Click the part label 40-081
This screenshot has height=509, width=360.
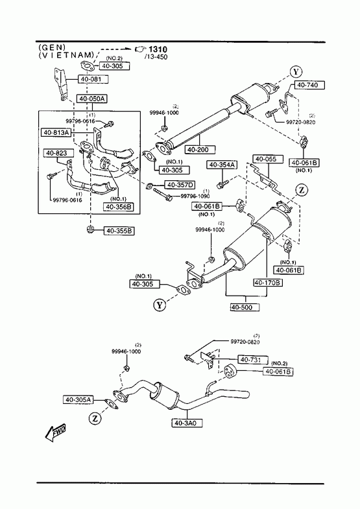pyautogui.click(x=93, y=79)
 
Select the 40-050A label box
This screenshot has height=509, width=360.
pyautogui.click(x=92, y=99)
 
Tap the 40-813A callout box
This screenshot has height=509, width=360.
pyautogui.click(x=56, y=132)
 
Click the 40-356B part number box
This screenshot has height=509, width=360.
pyautogui.click(x=119, y=207)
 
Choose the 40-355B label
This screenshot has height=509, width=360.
pyautogui.click(x=119, y=231)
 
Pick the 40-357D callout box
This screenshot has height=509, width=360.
pyautogui.click(x=180, y=185)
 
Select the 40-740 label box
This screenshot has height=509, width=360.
pyautogui.click(x=310, y=85)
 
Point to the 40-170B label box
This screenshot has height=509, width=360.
pyautogui.click(x=268, y=283)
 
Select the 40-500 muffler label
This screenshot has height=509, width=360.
pyautogui.click(x=245, y=307)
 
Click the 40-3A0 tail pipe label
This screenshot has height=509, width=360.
pyautogui.click(x=188, y=423)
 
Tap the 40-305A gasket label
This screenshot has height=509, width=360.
pyautogui.click(x=78, y=400)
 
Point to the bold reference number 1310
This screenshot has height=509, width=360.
pyautogui.click(x=158, y=49)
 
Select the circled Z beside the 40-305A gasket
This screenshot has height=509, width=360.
pyautogui.click(x=95, y=419)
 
